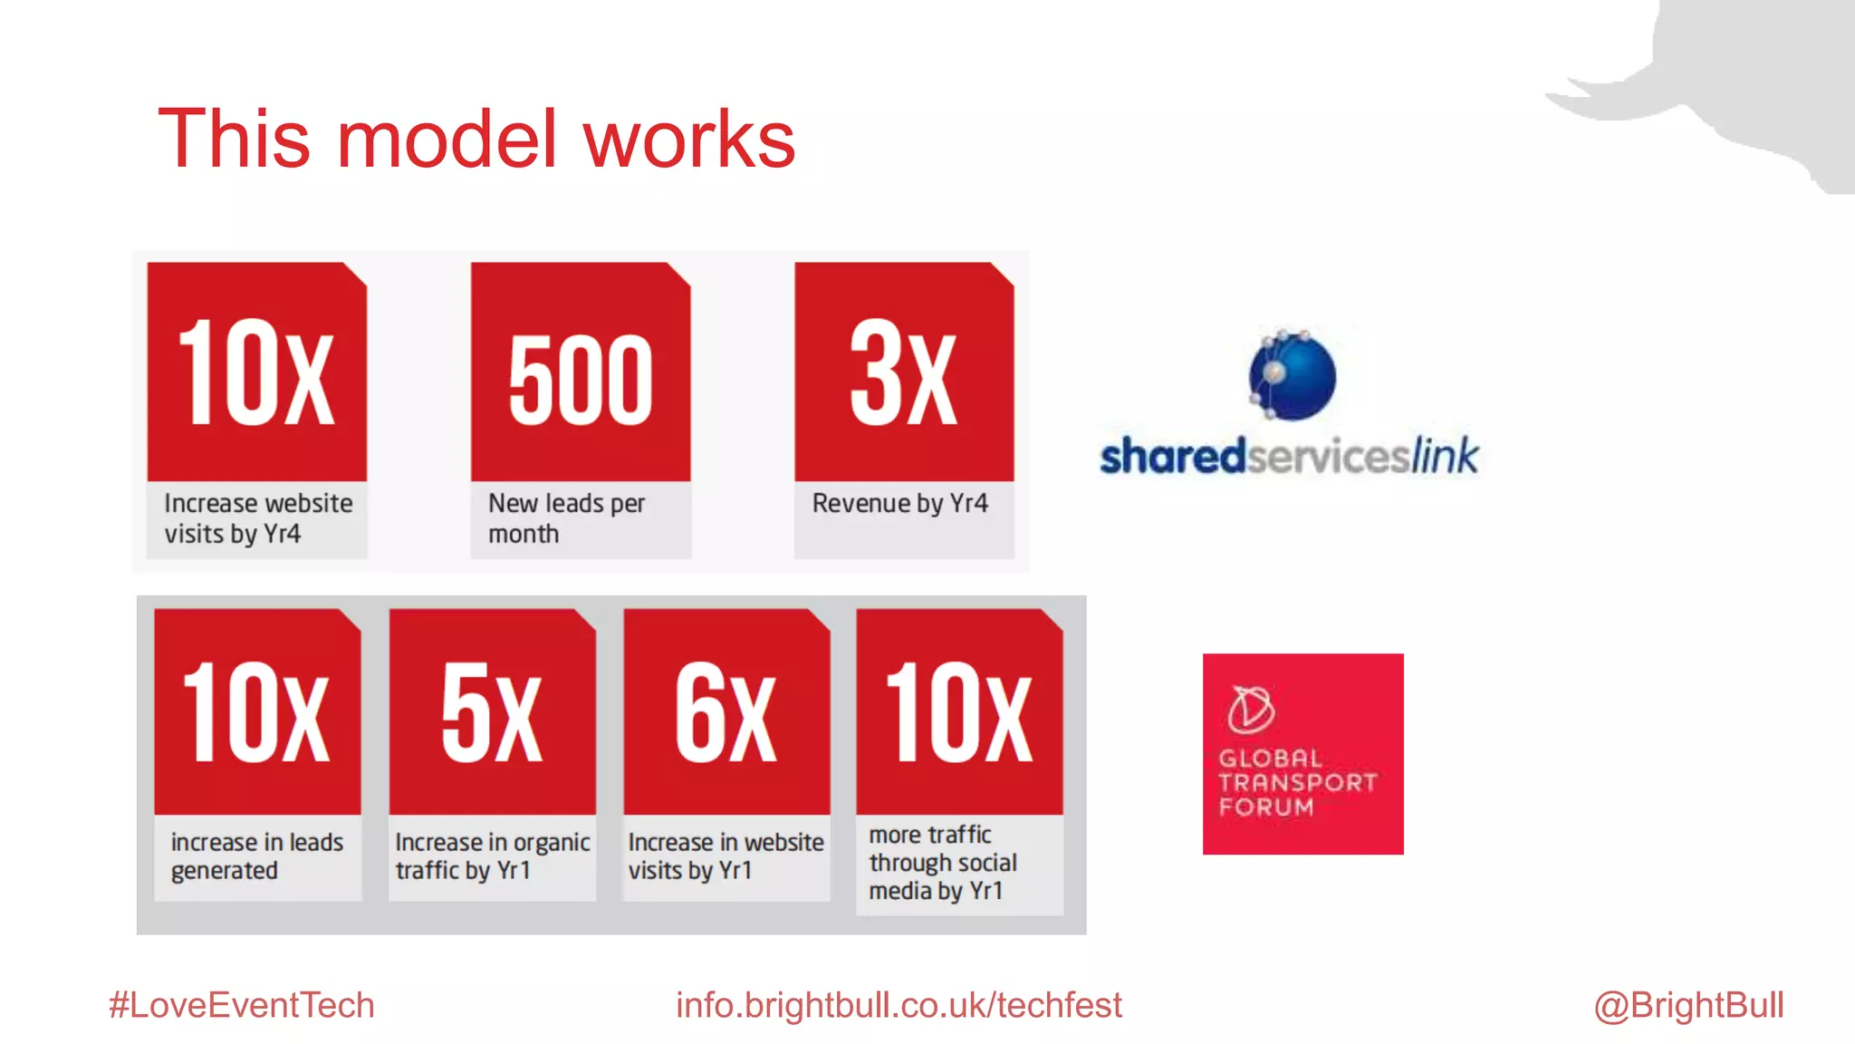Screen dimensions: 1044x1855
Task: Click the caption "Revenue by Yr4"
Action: tap(899, 503)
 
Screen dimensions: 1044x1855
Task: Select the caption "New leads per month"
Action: tap(566, 518)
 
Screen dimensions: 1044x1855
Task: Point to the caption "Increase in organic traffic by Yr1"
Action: tap(492, 855)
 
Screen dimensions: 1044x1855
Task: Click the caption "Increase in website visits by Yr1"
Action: tap(726, 855)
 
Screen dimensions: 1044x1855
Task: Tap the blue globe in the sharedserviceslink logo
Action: tap(1293, 375)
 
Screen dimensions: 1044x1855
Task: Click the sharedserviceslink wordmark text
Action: tap(1289, 456)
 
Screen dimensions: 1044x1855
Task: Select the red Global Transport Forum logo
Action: tap(1302, 754)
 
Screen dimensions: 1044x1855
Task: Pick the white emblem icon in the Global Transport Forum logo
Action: tap(1251, 709)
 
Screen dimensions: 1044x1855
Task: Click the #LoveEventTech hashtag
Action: tap(241, 1005)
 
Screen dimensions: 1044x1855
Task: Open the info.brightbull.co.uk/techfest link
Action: tap(899, 1005)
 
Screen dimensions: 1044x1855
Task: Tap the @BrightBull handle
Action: tap(1688, 1005)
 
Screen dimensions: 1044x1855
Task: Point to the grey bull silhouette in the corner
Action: tap(1739, 82)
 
